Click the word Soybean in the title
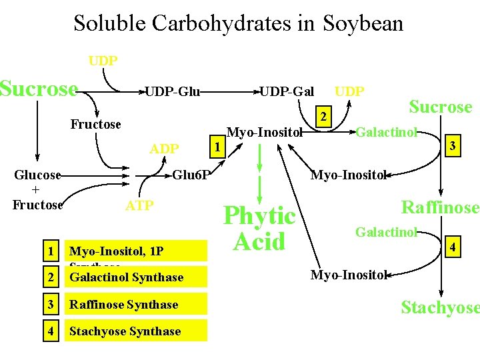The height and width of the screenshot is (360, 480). point(363,24)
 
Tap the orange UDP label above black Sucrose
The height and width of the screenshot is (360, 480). point(103,61)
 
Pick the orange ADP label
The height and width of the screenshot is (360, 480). point(164,148)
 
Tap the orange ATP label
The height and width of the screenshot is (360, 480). point(139,205)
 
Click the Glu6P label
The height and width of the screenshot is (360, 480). point(191,175)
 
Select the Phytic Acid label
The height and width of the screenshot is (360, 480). point(259,228)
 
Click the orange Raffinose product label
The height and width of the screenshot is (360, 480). point(440,207)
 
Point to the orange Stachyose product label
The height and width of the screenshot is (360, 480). point(440,307)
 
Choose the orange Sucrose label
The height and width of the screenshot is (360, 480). point(440,107)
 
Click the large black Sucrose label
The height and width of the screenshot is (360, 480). point(39,89)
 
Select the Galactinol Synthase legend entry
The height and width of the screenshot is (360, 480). point(127,277)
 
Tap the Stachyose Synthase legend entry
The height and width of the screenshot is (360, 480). point(125,331)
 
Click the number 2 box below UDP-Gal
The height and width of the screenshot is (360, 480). point(323,117)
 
